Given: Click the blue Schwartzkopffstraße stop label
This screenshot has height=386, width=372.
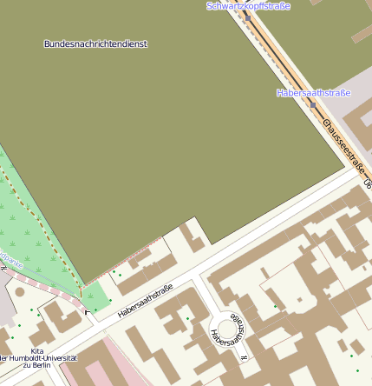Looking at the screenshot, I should (248, 6).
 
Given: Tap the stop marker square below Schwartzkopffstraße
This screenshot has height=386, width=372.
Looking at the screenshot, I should (247, 17).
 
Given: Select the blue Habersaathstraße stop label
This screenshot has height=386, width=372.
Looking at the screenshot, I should (313, 92).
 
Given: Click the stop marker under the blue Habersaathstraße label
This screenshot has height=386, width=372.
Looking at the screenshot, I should (312, 104).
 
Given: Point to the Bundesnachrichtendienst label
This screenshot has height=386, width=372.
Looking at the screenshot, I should (95, 43).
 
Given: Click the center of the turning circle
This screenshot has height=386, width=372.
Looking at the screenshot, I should (226, 328).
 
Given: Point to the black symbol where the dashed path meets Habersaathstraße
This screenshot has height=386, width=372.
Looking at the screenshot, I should (86, 311).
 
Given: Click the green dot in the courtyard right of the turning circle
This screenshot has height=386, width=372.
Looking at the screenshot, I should (276, 306).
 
